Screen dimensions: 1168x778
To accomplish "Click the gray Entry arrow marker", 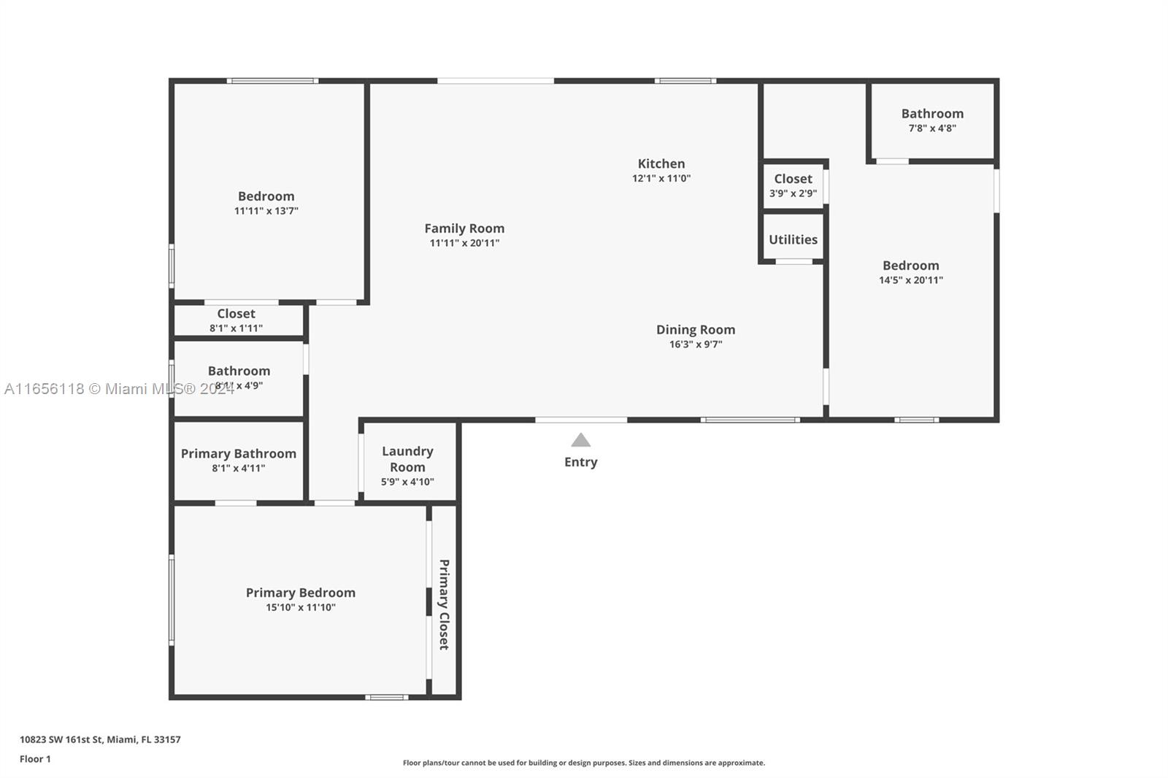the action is point(580,440).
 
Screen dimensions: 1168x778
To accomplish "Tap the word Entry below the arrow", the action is point(580,462).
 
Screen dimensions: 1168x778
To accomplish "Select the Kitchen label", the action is point(661,163).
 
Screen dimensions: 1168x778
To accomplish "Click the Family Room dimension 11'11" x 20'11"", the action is point(464,243).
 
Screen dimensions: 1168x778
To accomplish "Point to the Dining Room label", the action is point(696,330).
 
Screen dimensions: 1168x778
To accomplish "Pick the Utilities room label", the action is point(793,239).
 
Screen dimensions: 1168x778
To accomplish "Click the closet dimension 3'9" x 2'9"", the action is point(793,193).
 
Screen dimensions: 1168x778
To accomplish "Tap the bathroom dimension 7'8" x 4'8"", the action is point(932,128).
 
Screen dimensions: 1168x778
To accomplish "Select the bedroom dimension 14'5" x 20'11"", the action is point(911,280).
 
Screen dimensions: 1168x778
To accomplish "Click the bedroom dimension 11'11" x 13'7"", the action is point(266,211).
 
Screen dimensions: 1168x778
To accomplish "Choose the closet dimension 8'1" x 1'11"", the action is point(237,328).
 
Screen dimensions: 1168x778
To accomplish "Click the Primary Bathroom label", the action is point(238,454).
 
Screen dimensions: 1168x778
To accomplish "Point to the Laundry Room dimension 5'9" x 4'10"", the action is point(407,482).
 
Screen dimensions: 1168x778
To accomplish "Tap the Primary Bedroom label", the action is point(300,593).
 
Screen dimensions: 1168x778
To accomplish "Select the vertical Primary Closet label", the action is point(444,605).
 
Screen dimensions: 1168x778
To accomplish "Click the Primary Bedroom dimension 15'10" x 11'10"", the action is point(300,607).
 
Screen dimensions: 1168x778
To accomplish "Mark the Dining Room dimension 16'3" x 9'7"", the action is point(696,344).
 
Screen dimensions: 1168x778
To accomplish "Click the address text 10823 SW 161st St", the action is point(61,739).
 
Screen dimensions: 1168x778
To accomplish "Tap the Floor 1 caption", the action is point(36,759).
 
